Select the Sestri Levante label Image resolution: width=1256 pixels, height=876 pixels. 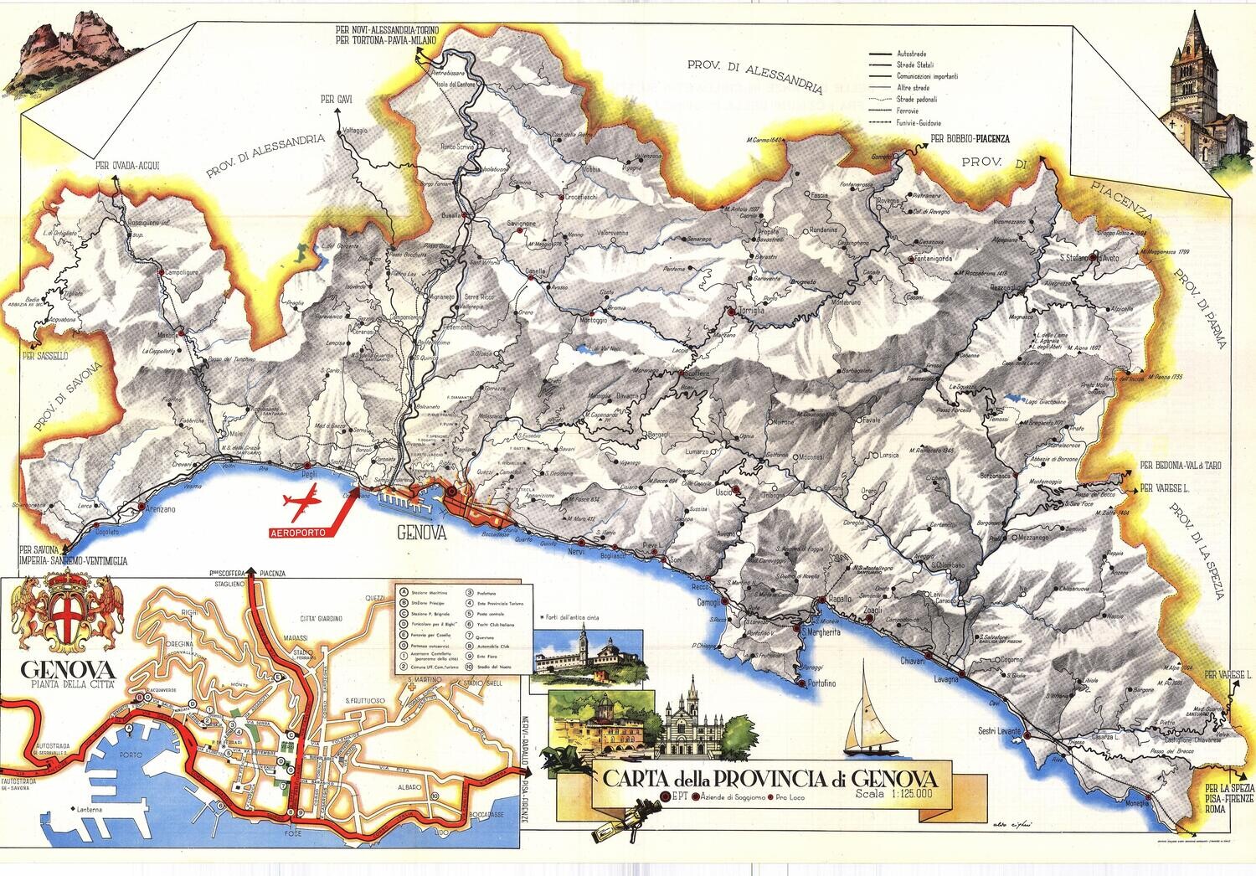pos(999,731)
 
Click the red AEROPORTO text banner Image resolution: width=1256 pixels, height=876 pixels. pos(297,532)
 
